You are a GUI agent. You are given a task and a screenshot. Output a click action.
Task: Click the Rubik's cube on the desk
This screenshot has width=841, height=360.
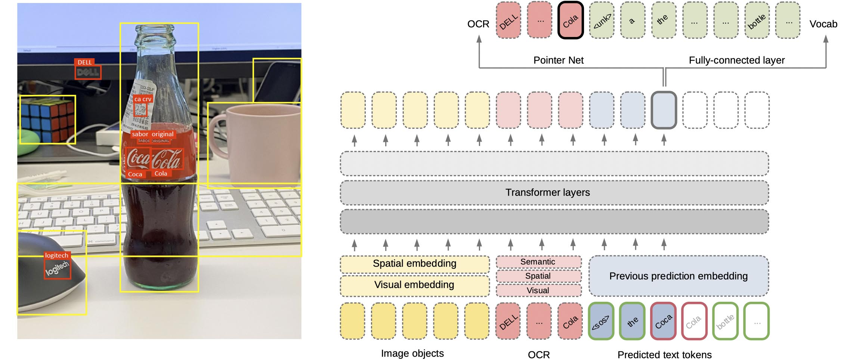[x=47, y=120]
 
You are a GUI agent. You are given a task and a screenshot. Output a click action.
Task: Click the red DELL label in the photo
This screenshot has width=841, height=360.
[x=84, y=62]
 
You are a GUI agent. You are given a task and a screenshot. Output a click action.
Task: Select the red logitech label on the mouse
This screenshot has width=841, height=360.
[x=56, y=255]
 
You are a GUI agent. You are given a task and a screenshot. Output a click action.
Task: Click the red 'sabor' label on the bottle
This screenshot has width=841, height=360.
[x=140, y=134]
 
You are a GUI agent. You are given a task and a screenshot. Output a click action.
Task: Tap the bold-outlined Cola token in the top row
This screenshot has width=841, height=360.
[x=571, y=21]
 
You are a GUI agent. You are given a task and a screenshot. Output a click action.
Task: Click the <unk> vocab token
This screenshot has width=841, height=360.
[x=602, y=21]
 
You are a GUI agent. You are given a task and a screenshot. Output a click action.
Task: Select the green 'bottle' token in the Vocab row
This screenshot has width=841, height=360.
[x=757, y=21]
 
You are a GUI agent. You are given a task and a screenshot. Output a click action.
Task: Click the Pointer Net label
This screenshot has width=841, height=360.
[x=558, y=60]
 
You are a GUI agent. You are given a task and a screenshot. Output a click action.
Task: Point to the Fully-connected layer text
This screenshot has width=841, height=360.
[x=736, y=60]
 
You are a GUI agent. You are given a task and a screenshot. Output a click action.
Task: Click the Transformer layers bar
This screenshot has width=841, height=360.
[x=547, y=192]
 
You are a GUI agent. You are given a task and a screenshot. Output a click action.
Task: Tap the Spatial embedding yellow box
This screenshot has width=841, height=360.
[x=414, y=264]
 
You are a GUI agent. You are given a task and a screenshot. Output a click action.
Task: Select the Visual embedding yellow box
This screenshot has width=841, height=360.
[x=414, y=285]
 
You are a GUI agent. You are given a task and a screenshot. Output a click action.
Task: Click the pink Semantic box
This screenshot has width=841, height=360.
[x=538, y=262]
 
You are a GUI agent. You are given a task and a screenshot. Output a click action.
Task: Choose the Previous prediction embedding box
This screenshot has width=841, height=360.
[x=678, y=276]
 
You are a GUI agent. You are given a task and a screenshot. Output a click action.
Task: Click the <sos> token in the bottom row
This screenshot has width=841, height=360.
[x=601, y=322]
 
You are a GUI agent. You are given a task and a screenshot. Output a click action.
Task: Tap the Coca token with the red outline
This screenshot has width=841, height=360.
[x=663, y=322]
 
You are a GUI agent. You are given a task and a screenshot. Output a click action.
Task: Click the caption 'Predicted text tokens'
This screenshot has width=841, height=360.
[x=664, y=354]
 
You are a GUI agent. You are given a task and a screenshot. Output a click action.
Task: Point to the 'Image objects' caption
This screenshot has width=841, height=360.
[x=412, y=353]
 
